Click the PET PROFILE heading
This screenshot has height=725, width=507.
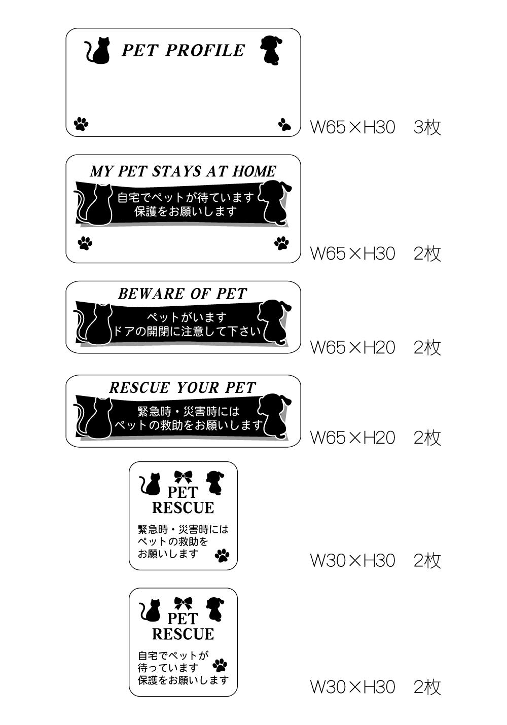pyautogui.click(x=183, y=51)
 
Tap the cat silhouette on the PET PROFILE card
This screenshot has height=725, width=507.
pyautogui.click(x=99, y=51)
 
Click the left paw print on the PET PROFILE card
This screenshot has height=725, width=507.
pyautogui.click(x=81, y=123)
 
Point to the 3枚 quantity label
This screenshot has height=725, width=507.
pyautogui.click(x=427, y=127)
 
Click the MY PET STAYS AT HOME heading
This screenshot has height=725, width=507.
pyautogui.click(x=183, y=171)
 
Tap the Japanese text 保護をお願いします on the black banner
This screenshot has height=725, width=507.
pyautogui.click(x=186, y=211)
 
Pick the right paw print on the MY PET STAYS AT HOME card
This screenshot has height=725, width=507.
pyautogui.click(x=281, y=243)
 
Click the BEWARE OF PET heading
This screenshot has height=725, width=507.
pyautogui.click(x=183, y=294)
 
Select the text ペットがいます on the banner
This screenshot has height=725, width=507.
pyautogui.click(x=187, y=318)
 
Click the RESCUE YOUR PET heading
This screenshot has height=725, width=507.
pyautogui.click(x=183, y=388)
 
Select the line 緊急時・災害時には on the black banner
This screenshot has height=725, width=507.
pyautogui.click(x=189, y=411)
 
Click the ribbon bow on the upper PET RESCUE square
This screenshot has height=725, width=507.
pyautogui.click(x=183, y=477)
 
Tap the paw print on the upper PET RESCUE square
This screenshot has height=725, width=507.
pyautogui.click(x=222, y=556)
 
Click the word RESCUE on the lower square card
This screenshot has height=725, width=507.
pyautogui.click(x=183, y=634)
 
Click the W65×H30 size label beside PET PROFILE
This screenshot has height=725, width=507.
pyautogui.click(x=352, y=127)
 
